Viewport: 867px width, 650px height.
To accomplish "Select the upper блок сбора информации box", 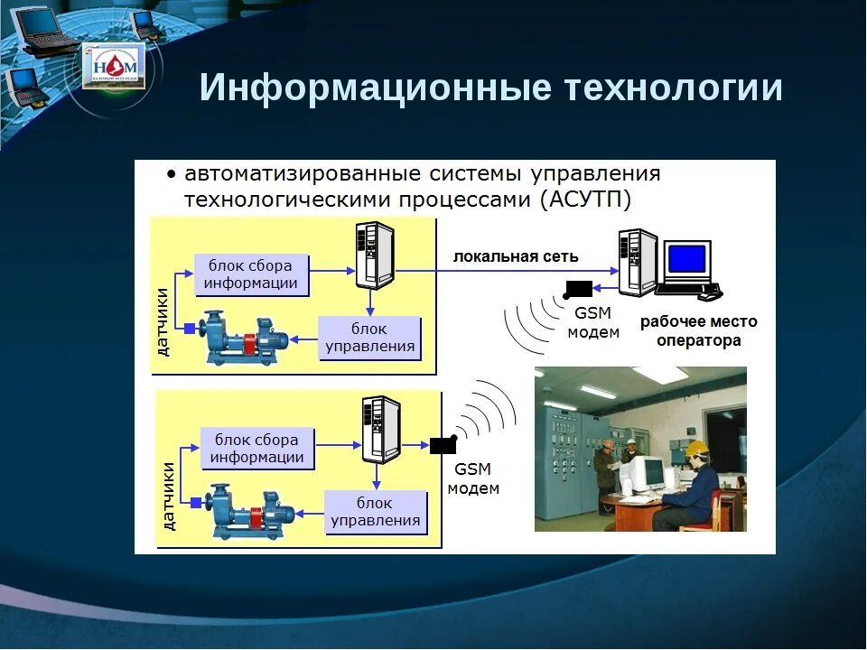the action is coord(251,274).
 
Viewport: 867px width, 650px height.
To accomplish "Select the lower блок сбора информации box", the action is coord(256,449).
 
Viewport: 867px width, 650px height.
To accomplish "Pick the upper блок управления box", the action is coord(370,337).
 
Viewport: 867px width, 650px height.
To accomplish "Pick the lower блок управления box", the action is coord(375,512).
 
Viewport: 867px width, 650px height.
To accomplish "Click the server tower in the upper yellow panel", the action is coord(374,255).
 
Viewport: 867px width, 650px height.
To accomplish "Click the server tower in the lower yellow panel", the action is coord(379,430).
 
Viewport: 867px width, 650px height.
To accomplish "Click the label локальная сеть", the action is coord(516,256).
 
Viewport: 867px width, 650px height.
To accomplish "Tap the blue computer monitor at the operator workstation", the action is coord(686,259).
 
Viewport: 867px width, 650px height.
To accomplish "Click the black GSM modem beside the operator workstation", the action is coord(577,289).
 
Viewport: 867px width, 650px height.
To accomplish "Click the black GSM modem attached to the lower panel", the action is coord(443,444).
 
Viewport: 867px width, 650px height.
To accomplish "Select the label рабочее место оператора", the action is coord(698,331).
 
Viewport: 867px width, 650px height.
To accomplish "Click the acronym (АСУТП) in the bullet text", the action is coord(585,199).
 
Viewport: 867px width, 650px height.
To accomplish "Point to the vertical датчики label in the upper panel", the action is coord(163,320).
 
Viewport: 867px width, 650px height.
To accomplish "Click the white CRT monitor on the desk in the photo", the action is coord(649,471).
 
